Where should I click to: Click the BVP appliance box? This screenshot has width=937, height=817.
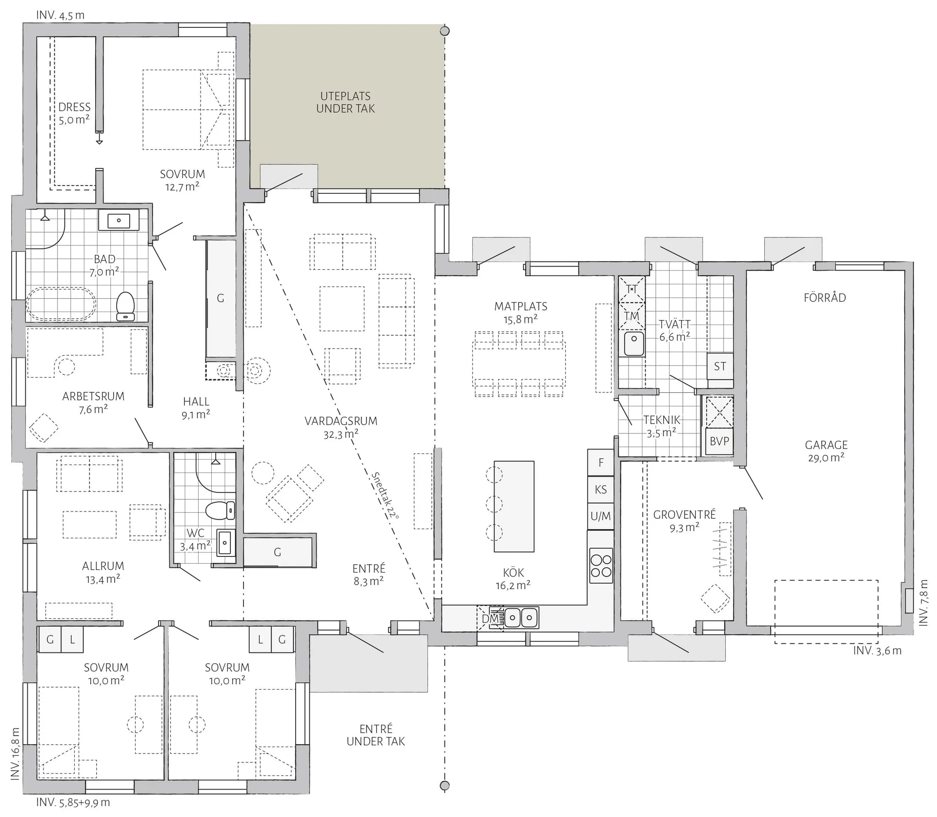[x=719, y=441]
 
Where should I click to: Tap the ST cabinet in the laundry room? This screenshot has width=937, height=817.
[x=720, y=366]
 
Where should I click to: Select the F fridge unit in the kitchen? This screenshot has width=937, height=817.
[x=601, y=462]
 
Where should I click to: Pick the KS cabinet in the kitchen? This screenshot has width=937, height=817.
[x=601, y=489]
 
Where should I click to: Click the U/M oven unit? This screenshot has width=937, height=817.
[x=601, y=516]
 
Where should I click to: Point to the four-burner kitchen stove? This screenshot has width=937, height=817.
[x=601, y=566]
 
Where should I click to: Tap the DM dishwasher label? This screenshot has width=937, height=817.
[x=490, y=619]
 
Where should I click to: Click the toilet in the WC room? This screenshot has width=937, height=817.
[x=220, y=511]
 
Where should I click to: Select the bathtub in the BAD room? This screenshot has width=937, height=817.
[x=61, y=304]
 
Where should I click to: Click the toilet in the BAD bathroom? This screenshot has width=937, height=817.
[x=125, y=306]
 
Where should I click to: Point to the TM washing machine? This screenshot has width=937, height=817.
[x=631, y=316]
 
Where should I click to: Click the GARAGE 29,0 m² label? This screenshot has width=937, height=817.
[x=826, y=451]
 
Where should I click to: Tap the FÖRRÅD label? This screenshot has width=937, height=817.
[x=825, y=297]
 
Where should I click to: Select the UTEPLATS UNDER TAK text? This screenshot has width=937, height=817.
[x=346, y=102]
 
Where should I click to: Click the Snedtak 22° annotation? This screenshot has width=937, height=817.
[x=386, y=495]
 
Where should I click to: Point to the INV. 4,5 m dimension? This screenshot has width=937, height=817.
[x=60, y=15]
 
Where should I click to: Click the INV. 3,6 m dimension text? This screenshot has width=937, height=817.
[x=877, y=651]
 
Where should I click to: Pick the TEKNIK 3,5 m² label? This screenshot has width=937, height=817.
[x=662, y=426]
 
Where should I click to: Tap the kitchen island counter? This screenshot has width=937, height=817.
[x=514, y=506]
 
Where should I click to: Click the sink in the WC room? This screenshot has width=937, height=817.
[x=224, y=542]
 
